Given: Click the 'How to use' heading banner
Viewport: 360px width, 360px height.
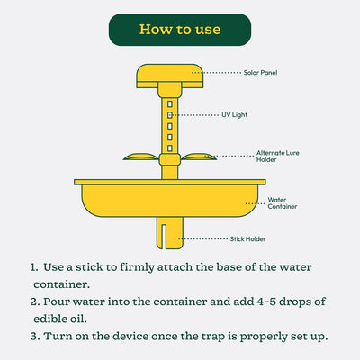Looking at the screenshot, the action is pyautogui.click(x=180, y=30).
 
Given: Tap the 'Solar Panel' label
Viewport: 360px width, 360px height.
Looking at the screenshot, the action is pyautogui.click(x=260, y=73).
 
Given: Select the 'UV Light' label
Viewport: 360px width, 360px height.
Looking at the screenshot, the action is pyautogui.click(x=234, y=115).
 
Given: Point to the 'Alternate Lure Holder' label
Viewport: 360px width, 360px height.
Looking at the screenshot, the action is pyautogui.click(x=278, y=157).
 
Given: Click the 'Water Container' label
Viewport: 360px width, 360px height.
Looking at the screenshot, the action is pyautogui.click(x=283, y=203).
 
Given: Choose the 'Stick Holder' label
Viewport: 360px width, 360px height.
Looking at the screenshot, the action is pyautogui.click(x=247, y=239).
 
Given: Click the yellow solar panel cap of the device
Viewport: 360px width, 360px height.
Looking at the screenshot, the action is pyautogui.click(x=170, y=76).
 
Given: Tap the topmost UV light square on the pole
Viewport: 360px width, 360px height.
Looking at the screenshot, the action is pyautogui.click(x=170, y=104).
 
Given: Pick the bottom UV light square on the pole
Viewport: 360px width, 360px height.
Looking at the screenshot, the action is pyautogui.click(x=170, y=148).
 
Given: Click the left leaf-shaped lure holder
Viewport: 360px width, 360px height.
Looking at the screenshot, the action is pyautogui.click(x=140, y=157).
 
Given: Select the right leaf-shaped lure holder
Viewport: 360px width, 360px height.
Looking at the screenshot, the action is pyautogui.click(x=199, y=157).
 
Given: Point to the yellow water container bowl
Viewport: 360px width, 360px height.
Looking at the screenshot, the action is pyautogui.click(x=170, y=198).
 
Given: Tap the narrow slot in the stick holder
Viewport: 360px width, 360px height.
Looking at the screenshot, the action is pyautogui.click(x=164, y=236).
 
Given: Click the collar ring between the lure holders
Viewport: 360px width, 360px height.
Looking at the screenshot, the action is pyautogui.click(x=170, y=159).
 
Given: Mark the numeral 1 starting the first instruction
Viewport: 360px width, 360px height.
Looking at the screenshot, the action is pyautogui.click(x=33, y=267).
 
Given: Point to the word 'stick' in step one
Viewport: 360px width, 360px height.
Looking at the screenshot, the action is pyautogui.click(x=89, y=267).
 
